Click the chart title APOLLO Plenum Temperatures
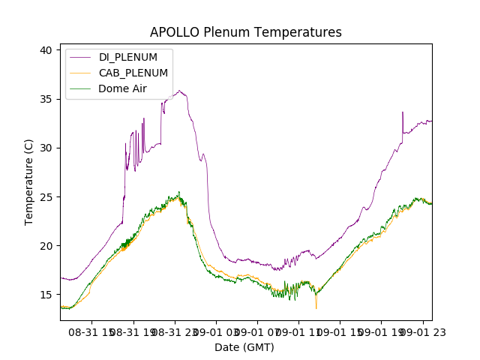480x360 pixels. click(x=245, y=32)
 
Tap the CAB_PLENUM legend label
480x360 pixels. click(x=133, y=73)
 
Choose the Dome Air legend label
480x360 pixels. click(x=122, y=88)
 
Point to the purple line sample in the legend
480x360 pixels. click(x=81, y=57)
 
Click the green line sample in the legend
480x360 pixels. click(x=81, y=88)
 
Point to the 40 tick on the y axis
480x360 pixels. click(x=46, y=50)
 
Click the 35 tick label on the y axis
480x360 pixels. click(x=46, y=99)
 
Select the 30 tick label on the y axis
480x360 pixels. click(x=46, y=148)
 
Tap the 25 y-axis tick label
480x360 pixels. click(x=46, y=196)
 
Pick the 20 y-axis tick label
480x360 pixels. click(x=46, y=245)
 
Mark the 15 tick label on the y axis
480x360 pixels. click(x=46, y=294)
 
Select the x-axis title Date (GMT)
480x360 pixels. click(x=244, y=347)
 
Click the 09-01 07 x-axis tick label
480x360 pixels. click(x=257, y=331)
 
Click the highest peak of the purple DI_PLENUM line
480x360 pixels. click(x=179, y=91)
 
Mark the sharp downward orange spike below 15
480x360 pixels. click(x=316, y=307)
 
